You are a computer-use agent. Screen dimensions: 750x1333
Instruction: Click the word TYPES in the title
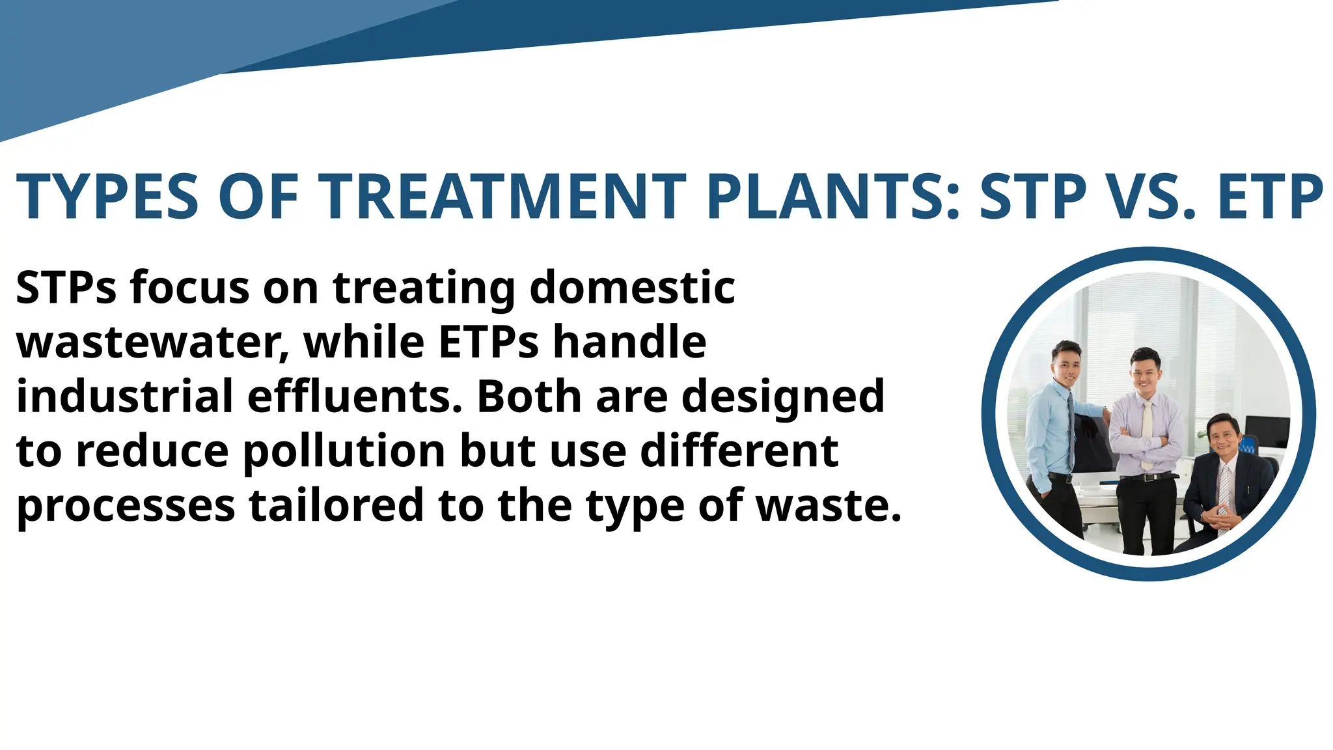(x=107, y=197)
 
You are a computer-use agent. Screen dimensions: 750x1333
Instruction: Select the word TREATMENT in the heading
(x=506, y=197)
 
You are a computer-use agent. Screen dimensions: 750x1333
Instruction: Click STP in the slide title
(x=1034, y=197)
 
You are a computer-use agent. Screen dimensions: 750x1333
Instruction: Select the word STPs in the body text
(x=66, y=287)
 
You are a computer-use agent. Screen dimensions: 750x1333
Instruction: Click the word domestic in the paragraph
(x=632, y=287)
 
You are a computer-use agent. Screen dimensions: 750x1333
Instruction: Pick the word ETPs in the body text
(x=489, y=342)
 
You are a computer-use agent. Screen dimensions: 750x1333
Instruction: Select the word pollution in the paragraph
(x=345, y=451)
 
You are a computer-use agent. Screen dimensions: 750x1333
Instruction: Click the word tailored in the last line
(x=337, y=506)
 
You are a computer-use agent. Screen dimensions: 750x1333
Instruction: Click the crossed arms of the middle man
(x=1146, y=443)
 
